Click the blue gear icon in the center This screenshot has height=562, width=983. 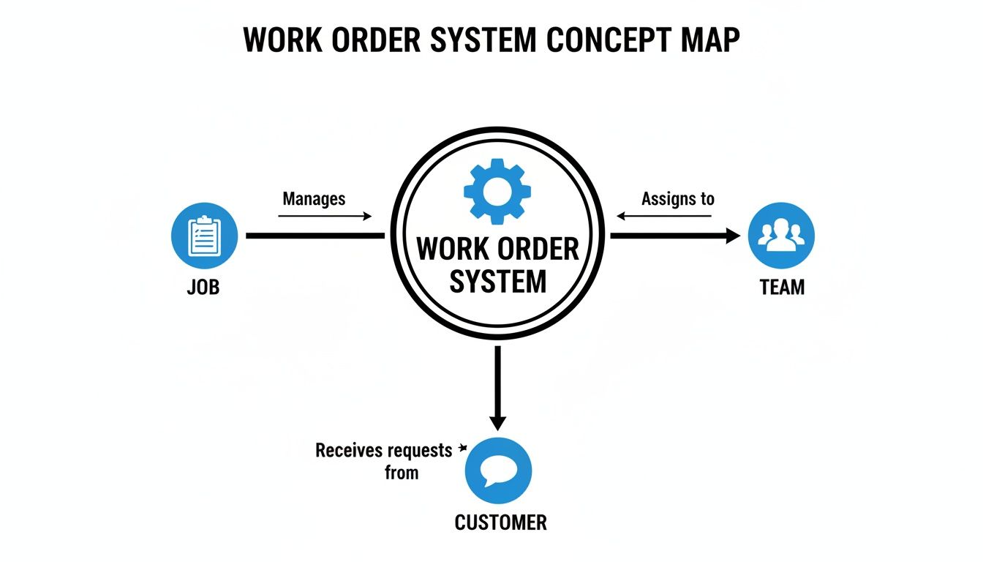click(497, 191)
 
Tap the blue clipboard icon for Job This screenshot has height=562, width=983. click(204, 236)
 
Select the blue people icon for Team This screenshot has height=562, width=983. click(781, 236)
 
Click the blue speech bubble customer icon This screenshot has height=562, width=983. click(498, 471)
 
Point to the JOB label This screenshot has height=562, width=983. click(203, 287)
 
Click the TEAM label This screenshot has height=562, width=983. click(782, 287)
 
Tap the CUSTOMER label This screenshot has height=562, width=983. click(500, 522)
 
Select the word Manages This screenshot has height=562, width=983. click(314, 198)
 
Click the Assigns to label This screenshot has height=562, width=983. click(677, 198)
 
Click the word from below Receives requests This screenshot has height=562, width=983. click(402, 473)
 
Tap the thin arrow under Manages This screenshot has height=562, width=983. click(325, 216)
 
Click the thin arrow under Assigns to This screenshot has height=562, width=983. click(664, 216)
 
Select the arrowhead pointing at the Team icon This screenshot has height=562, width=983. click(732, 236)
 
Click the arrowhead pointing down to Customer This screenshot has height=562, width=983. click(497, 423)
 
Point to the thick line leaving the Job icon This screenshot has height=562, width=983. click(315, 236)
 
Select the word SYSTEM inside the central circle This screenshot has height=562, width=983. click(497, 281)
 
